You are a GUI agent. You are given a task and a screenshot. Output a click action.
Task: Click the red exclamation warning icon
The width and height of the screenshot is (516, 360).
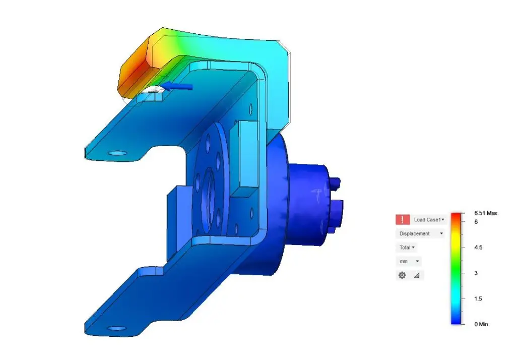tap(402, 219)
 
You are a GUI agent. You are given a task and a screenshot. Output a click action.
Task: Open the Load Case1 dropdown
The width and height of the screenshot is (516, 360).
tap(429, 220)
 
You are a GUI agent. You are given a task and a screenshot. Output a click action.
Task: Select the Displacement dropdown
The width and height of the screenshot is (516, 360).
tap(421, 233)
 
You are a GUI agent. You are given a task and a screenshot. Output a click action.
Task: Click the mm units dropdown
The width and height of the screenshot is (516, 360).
tap(410, 262)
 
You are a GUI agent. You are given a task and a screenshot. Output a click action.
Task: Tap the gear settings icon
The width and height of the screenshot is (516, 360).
tap(402, 275)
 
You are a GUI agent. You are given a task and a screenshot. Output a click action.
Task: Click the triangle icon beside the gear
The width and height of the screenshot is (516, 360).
tap(416, 276)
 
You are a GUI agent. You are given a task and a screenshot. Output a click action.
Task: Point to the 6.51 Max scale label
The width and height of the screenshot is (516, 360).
tap(485, 213)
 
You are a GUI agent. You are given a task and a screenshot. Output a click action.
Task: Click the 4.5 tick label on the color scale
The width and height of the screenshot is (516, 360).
tap(479, 248)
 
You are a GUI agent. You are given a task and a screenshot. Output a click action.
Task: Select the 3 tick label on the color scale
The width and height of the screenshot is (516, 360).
tap(476, 273)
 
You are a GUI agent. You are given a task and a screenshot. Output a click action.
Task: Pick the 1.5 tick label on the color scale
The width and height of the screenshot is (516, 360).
tap(479, 298)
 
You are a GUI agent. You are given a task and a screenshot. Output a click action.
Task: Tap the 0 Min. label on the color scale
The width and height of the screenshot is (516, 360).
tap(482, 324)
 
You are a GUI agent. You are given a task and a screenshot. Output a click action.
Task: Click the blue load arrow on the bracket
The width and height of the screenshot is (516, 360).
tap(179, 86)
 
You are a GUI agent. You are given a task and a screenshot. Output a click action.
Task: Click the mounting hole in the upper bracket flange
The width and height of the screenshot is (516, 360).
tap(118, 152)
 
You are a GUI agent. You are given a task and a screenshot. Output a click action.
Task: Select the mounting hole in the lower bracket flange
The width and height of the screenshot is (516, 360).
tap(117, 328)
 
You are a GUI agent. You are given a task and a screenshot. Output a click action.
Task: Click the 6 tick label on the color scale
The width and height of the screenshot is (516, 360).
tap(476, 221)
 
